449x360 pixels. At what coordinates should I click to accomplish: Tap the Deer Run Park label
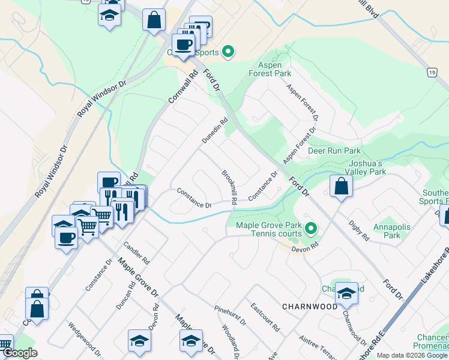coord(334,151)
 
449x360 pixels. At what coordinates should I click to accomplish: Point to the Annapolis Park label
coord(387,232)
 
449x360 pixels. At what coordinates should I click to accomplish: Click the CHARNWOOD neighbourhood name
coord(312,307)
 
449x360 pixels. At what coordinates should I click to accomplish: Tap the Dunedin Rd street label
coord(215,130)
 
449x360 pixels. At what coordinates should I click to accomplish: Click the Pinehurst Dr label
coord(230,314)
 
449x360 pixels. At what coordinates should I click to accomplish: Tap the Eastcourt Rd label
coord(265,317)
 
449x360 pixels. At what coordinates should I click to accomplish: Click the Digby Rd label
coord(359,230)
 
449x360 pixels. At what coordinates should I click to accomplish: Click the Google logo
coord(20,353)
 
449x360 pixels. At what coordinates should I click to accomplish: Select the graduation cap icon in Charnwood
coord(346,294)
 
